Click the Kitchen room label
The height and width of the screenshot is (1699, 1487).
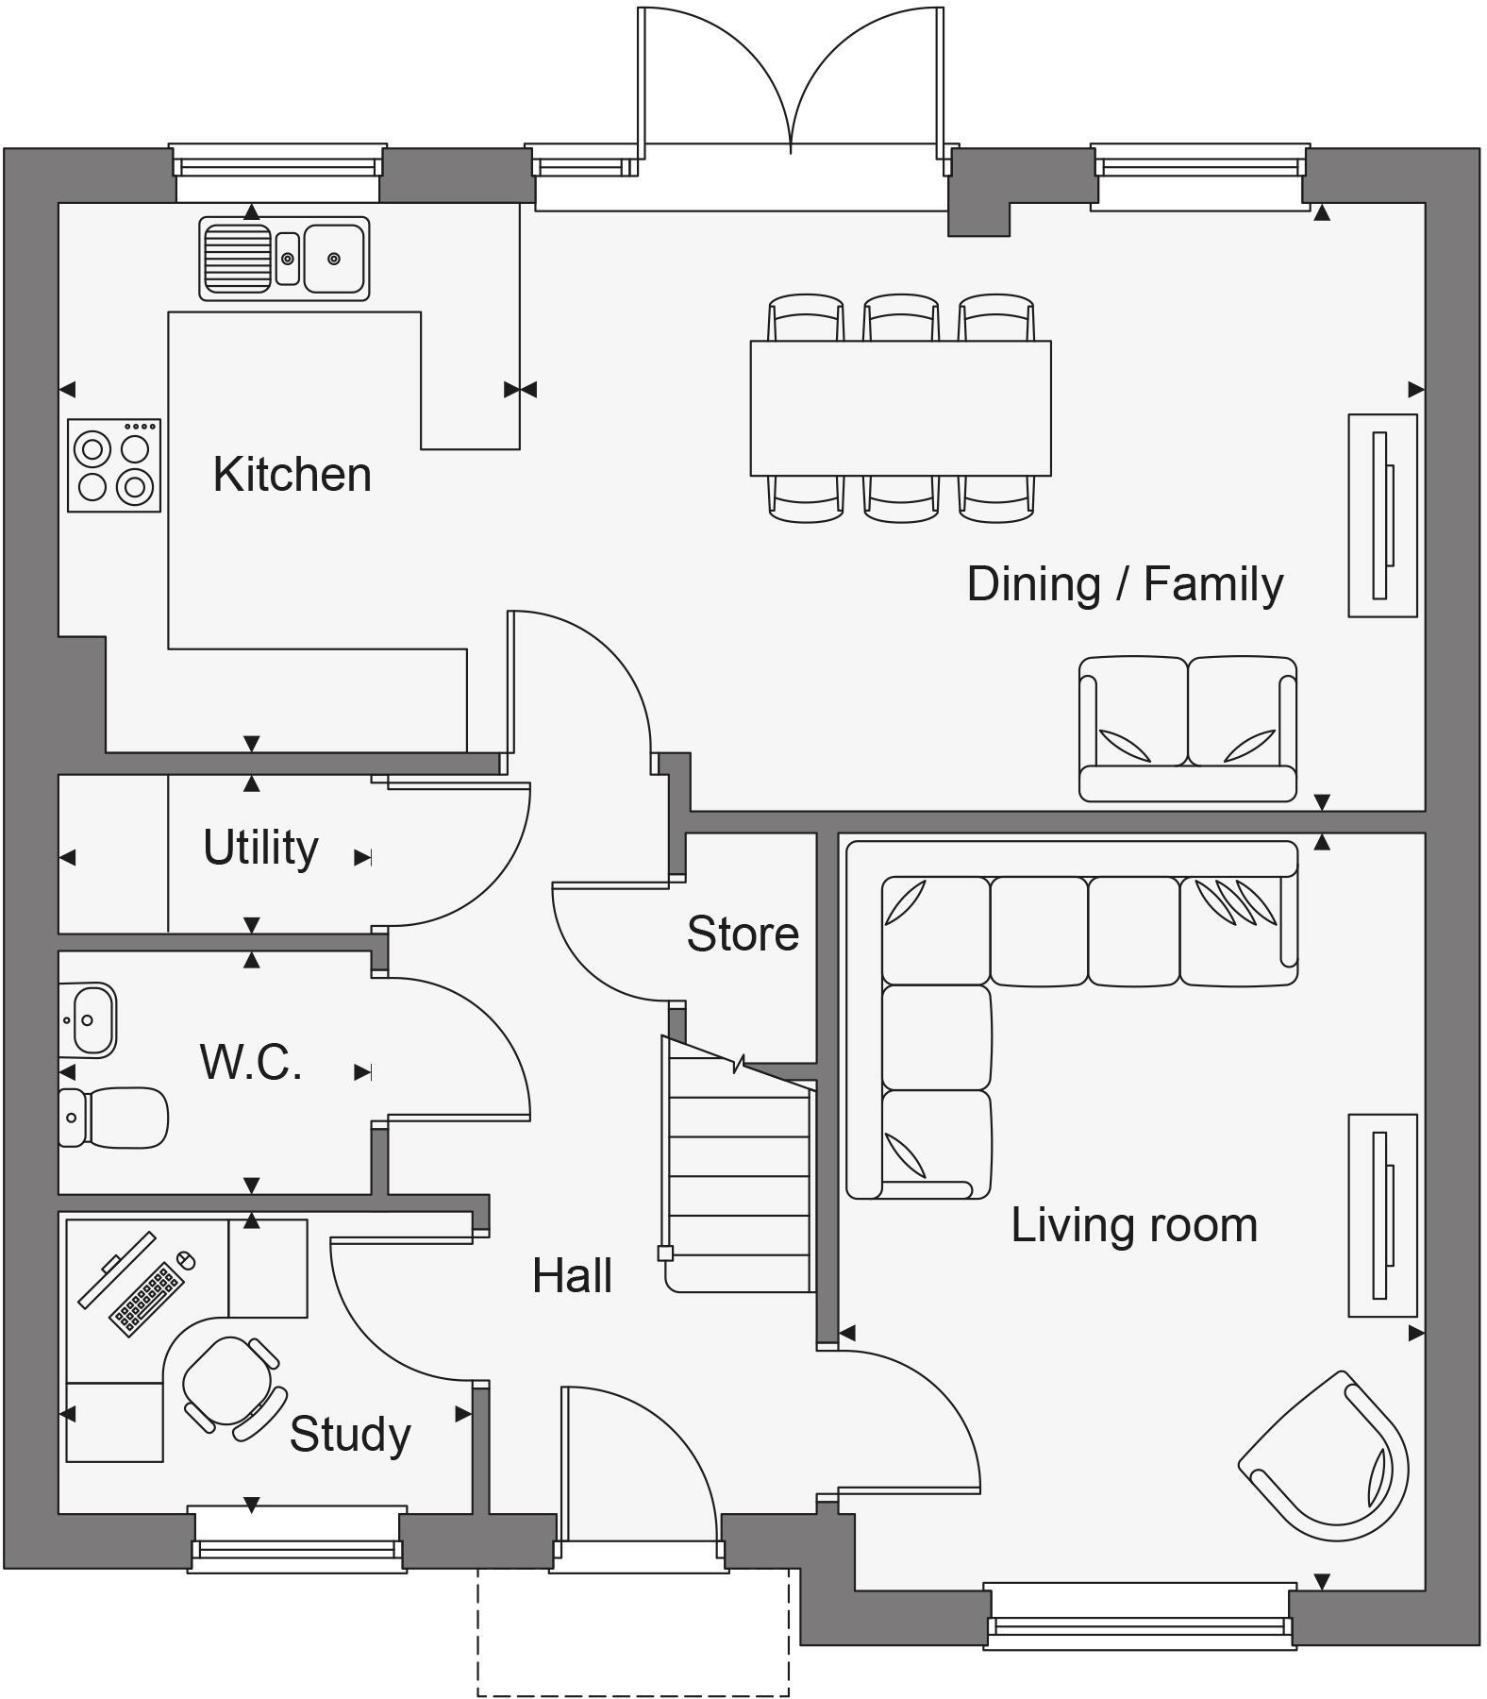[x=292, y=475]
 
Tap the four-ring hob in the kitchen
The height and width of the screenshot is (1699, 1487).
[x=114, y=466]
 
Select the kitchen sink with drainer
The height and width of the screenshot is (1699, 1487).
[x=284, y=259]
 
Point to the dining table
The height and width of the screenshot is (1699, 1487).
[x=900, y=408]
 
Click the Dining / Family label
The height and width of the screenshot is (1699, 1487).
[x=1125, y=584]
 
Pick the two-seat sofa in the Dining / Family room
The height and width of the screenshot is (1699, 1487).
[x=1187, y=730]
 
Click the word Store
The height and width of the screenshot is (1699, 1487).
[x=743, y=934]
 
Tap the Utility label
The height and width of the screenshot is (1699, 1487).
[x=260, y=848]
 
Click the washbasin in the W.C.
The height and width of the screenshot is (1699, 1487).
[x=89, y=1020]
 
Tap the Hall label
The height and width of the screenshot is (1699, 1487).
[x=572, y=1276]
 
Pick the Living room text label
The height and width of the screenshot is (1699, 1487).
[x=1134, y=1226]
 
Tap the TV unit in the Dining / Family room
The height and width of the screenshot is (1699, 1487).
[x=1382, y=515]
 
